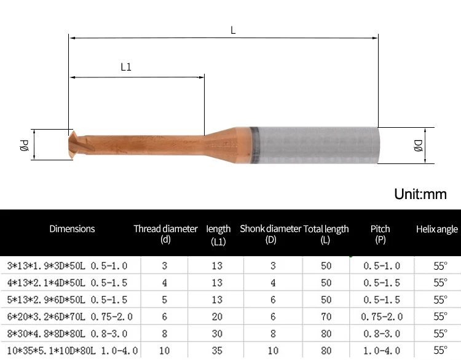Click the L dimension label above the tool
[233, 30]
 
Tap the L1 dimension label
[126, 67]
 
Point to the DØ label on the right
[418, 146]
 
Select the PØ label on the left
[24, 145]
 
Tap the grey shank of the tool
[314, 145]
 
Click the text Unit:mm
[420, 194]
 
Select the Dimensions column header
[72, 229]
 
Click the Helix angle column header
[437, 229]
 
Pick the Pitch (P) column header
[380, 234]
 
